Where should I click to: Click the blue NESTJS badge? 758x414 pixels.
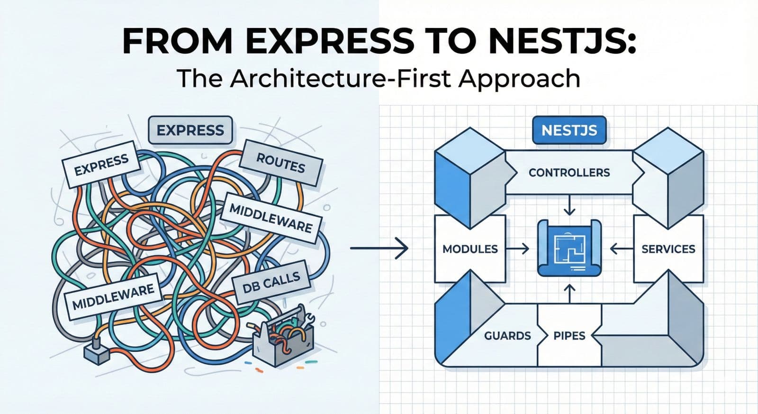click(x=569, y=130)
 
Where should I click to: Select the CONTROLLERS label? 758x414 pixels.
click(x=569, y=173)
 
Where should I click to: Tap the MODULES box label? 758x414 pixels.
click(x=470, y=249)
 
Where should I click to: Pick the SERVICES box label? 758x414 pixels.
click(x=668, y=249)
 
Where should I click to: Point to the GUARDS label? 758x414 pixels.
click(x=507, y=336)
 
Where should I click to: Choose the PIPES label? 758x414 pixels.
click(x=569, y=336)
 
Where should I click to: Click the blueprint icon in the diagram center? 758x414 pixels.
click(x=569, y=248)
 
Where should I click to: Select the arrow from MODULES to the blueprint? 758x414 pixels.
click(x=520, y=248)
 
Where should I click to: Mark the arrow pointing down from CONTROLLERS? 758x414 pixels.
click(x=569, y=206)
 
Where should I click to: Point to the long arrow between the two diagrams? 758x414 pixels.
click(x=379, y=248)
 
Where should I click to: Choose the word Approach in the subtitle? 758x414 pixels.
click(x=519, y=79)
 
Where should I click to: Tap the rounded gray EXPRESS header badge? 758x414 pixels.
click(x=190, y=130)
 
